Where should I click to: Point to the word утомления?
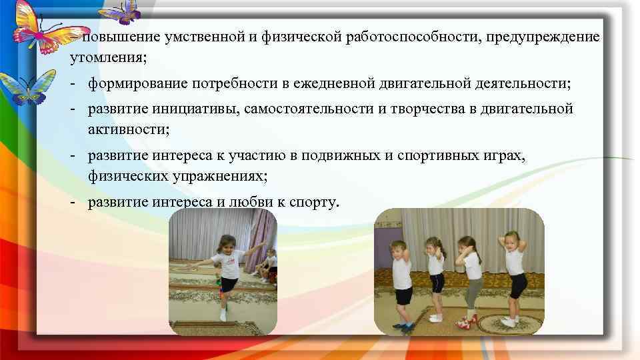coord(107,58)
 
